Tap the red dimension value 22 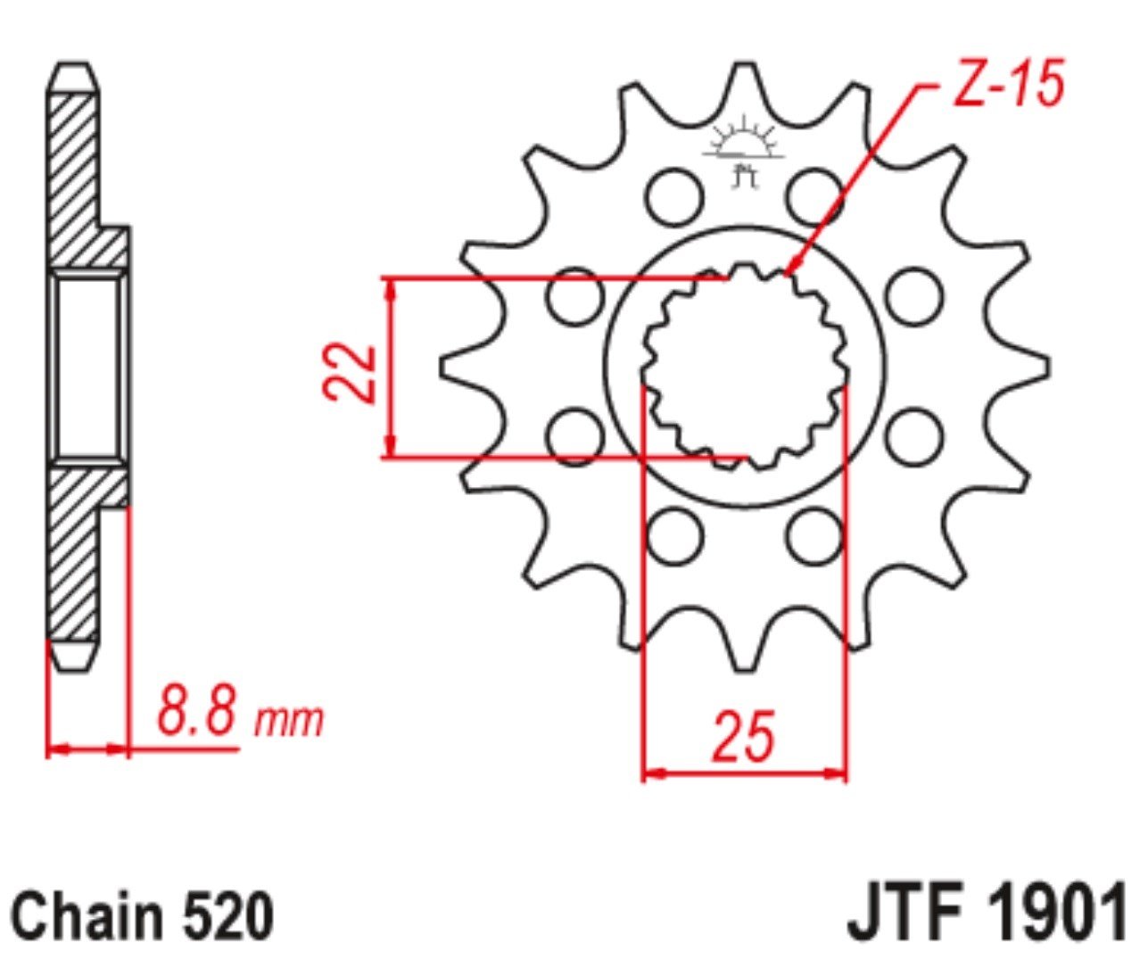[349, 374]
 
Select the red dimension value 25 [743, 736]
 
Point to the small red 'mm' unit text [289, 721]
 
